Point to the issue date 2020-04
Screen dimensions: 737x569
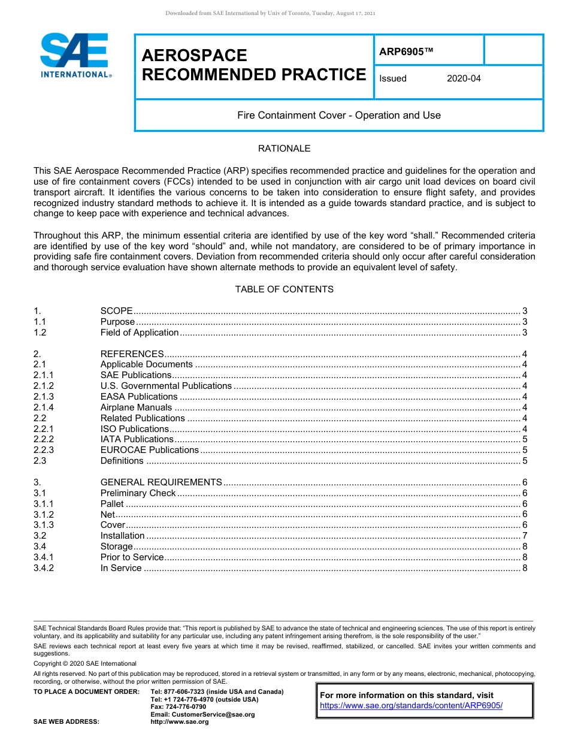[464, 78]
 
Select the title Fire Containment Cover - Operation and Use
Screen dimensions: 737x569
[338, 115]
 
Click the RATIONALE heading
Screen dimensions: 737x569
[284, 149]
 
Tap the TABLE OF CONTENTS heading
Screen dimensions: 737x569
[284, 289]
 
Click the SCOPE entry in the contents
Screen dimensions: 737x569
[116, 311]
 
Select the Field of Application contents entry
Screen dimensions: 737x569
[139, 333]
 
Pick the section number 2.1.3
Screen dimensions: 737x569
[44, 397]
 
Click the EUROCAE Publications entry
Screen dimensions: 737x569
[149, 450]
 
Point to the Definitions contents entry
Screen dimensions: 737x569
[122, 461]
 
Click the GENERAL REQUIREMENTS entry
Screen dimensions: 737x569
[161, 482]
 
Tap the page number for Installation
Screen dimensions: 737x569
[525, 536]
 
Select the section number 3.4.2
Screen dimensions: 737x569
[44, 568]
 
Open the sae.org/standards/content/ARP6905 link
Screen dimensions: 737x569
[411, 706]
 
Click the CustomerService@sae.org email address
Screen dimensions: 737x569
[202, 714]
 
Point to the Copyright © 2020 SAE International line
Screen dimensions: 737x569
[85, 664]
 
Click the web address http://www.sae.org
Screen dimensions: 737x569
[180, 722]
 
